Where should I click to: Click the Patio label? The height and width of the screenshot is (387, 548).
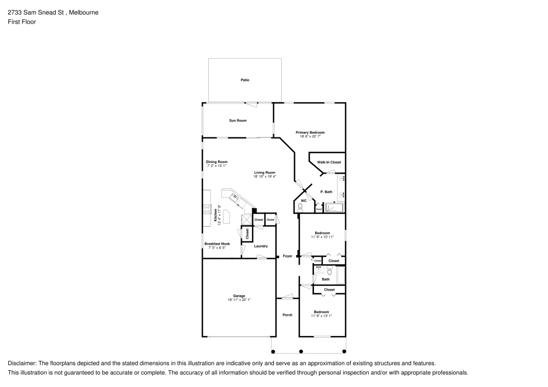245,80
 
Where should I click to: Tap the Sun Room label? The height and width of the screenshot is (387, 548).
238,120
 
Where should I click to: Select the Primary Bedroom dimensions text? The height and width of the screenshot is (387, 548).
310,136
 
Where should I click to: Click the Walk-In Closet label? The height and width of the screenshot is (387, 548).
329,163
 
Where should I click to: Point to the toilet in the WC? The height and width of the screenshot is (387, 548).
300,207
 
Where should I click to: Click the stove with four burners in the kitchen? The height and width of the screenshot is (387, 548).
207,208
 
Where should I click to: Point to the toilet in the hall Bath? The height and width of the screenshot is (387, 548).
330,270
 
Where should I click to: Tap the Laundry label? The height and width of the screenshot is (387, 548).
261,246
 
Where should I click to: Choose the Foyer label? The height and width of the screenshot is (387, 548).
287,256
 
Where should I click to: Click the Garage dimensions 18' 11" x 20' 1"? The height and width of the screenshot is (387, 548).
239,300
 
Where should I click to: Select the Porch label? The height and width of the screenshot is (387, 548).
287,315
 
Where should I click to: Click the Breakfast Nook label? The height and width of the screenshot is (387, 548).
217,244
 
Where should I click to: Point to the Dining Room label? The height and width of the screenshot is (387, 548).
216,162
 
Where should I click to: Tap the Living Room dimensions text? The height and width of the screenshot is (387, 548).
265,176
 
